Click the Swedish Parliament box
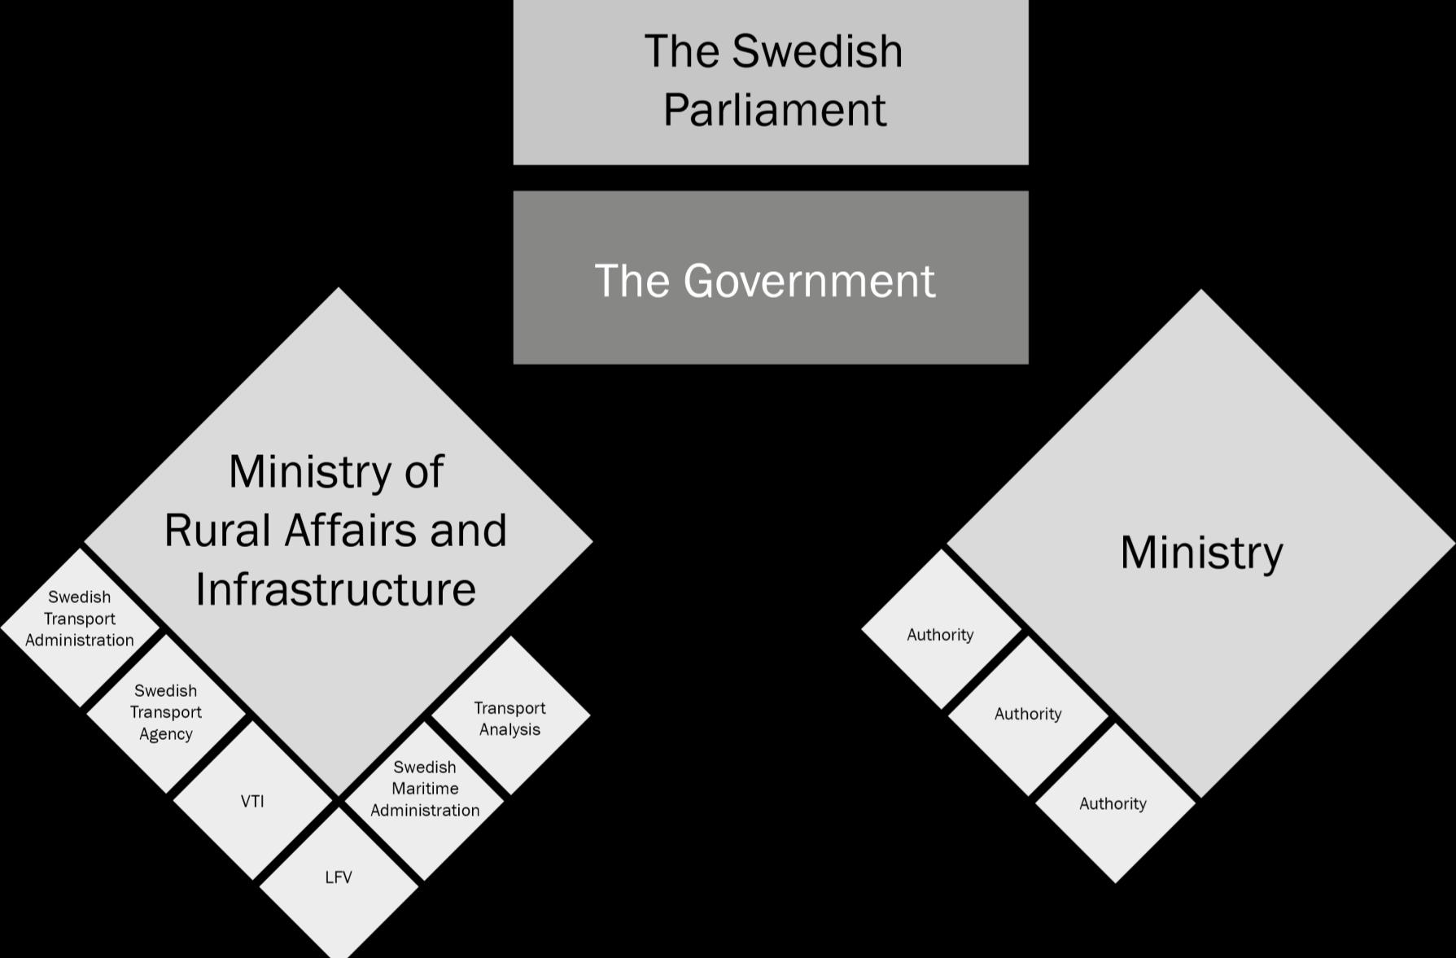click(x=770, y=81)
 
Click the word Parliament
click(x=774, y=110)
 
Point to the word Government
click(x=809, y=281)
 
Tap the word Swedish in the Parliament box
click(x=816, y=51)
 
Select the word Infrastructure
click(x=335, y=589)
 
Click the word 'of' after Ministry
click(x=423, y=472)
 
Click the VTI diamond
click(x=252, y=802)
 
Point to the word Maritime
click(x=425, y=789)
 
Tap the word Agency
click(x=165, y=734)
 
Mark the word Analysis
click(x=509, y=729)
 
